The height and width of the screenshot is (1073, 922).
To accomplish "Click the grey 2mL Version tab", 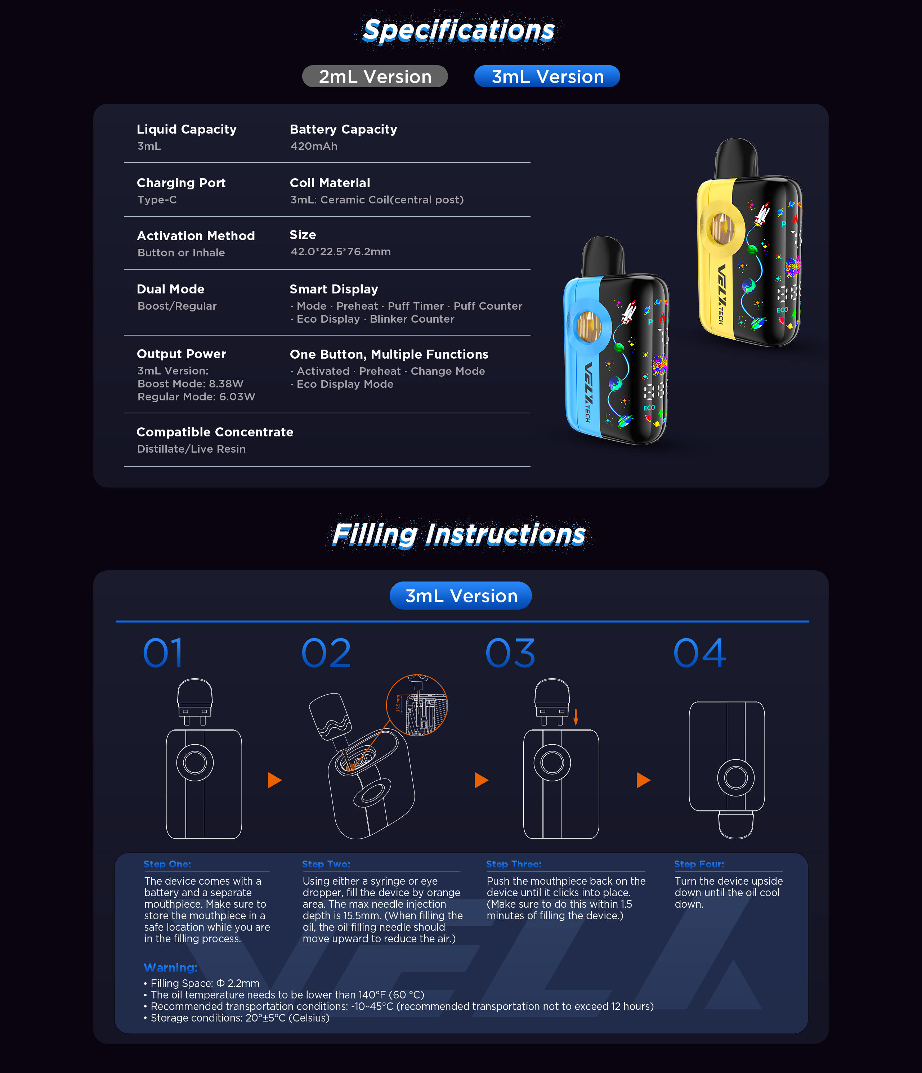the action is (x=375, y=76).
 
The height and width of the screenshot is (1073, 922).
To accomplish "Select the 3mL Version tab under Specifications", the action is (x=547, y=76).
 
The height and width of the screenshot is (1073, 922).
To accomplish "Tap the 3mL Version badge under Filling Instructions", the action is (x=461, y=596).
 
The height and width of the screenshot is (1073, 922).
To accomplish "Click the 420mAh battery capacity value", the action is (x=314, y=146).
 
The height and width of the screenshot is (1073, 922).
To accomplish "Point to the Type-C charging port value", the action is (x=157, y=200).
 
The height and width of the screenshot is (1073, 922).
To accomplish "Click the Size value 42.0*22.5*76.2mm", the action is (x=340, y=252).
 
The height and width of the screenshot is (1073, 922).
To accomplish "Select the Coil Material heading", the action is (x=330, y=183).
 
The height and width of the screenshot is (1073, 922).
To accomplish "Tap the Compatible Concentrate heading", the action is (x=215, y=432).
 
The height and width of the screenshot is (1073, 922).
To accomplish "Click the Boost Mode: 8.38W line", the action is (x=190, y=384).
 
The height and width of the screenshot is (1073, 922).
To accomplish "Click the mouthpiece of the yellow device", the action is (x=736, y=158).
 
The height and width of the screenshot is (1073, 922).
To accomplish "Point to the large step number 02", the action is (x=326, y=653).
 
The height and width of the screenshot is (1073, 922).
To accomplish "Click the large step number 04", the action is (x=699, y=653).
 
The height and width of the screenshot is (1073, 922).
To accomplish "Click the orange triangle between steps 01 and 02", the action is (x=274, y=780).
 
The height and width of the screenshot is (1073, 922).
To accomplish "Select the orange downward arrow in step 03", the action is (x=576, y=717).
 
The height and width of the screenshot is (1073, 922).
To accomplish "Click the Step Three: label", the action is (x=513, y=864).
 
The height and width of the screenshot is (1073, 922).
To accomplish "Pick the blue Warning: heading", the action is (x=170, y=968).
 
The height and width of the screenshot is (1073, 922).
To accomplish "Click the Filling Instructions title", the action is (x=458, y=534).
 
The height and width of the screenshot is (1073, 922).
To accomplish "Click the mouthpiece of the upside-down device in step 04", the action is (x=735, y=825).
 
